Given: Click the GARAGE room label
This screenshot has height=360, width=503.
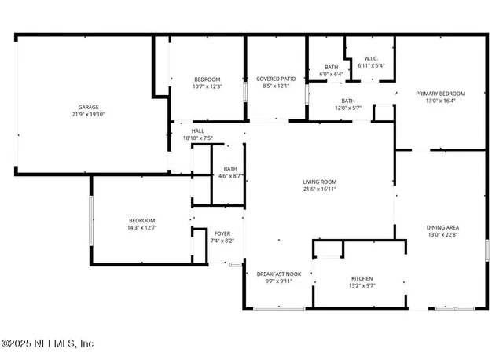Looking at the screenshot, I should [x=87, y=107].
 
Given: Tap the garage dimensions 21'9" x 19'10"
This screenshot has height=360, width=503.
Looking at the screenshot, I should [x=87, y=114].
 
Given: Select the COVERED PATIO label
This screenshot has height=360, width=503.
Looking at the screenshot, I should [x=276, y=79].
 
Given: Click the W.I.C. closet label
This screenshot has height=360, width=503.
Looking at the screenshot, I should [x=372, y=59].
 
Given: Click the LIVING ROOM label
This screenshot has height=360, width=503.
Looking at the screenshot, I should [x=320, y=182].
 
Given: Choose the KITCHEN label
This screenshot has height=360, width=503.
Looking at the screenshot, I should [x=362, y=278].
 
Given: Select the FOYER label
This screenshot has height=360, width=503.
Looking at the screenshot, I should [x=223, y=233].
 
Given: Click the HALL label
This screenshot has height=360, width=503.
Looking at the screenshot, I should [x=198, y=131].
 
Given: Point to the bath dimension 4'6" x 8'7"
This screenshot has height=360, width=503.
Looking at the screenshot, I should [x=230, y=175].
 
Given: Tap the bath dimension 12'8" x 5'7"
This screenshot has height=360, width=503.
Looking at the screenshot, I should [x=348, y=108].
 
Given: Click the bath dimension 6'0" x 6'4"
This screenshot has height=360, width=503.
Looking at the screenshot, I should [x=332, y=74].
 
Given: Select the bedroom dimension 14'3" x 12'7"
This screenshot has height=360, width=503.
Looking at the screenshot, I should [x=142, y=227].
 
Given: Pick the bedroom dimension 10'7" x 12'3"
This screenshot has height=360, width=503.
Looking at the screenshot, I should [x=208, y=86].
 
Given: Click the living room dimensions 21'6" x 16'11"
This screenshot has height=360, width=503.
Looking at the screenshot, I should [x=320, y=189].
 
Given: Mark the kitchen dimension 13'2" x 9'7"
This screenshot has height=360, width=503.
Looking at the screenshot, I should [x=362, y=285].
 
